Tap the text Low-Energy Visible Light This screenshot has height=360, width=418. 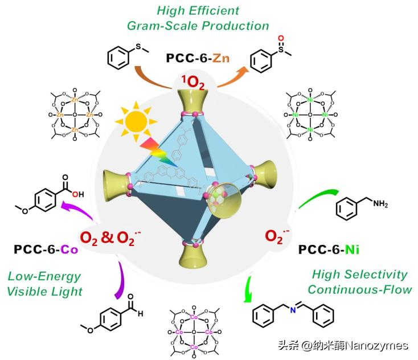coord(45,284)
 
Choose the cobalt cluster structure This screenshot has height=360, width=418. coord(194,331)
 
